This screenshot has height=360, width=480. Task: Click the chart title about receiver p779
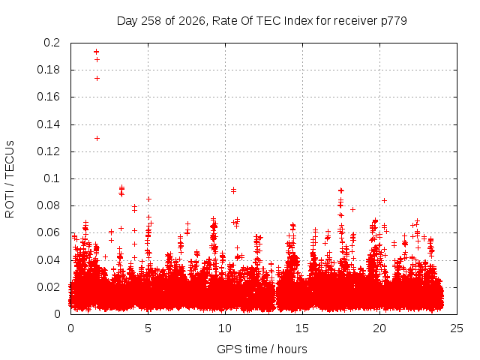(x=262, y=21)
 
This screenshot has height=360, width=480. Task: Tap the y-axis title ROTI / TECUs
(x=10, y=179)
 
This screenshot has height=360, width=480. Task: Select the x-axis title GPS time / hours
(x=262, y=349)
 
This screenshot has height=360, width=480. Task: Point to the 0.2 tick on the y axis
(x=52, y=43)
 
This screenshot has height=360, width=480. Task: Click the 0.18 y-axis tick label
(x=48, y=70)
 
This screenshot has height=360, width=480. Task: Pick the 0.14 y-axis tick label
(x=48, y=124)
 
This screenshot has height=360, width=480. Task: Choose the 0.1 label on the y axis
(x=52, y=178)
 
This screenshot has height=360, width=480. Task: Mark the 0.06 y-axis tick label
(x=48, y=232)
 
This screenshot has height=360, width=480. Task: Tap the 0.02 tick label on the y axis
(x=48, y=287)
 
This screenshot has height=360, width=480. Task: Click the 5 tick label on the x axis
(x=148, y=328)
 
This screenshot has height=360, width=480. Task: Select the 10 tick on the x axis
(x=225, y=328)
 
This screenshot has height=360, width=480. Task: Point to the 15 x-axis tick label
(x=302, y=328)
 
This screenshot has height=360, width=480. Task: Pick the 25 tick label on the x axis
(x=457, y=328)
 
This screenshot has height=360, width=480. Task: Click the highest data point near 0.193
(x=97, y=52)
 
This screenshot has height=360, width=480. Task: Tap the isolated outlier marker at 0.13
(x=97, y=138)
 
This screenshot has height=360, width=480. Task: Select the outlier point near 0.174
(x=97, y=78)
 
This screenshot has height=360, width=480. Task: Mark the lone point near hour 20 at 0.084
(x=385, y=200)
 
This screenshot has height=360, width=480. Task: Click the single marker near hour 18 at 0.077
(x=352, y=210)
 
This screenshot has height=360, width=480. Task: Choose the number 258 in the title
(x=151, y=21)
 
